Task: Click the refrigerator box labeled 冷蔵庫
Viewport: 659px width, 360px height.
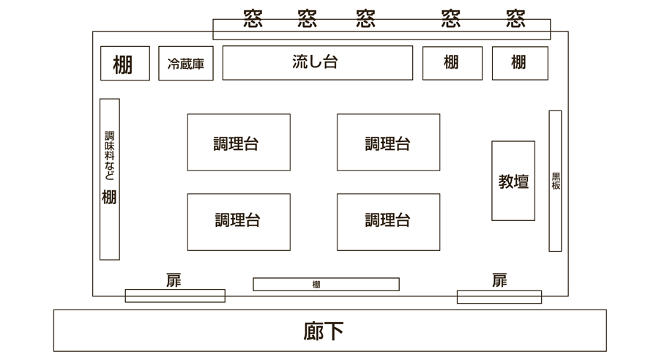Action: (186, 64)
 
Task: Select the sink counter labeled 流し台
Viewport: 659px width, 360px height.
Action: (317, 63)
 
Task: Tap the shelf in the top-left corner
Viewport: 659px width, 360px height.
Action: (124, 64)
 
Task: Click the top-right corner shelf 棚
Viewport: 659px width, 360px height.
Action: (519, 63)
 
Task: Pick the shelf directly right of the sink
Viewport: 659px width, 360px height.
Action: (452, 63)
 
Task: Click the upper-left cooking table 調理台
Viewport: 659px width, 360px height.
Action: (238, 143)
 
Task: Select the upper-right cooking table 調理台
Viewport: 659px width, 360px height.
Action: (388, 143)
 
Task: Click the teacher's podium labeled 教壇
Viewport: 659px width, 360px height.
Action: (513, 181)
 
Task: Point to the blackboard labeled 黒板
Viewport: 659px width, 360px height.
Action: (555, 181)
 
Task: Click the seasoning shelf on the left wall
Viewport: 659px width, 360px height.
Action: (109, 179)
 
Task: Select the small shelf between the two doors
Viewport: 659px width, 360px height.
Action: (326, 285)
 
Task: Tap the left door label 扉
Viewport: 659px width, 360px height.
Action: (174, 280)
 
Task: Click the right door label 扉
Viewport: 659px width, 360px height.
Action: (499, 280)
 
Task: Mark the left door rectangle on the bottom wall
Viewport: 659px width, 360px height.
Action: (174, 296)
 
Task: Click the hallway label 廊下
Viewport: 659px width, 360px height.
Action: (324, 331)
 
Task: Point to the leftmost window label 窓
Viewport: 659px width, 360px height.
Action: (253, 18)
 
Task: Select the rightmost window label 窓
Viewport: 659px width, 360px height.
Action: (515, 18)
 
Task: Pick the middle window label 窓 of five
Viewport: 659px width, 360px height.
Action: (366, 18)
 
